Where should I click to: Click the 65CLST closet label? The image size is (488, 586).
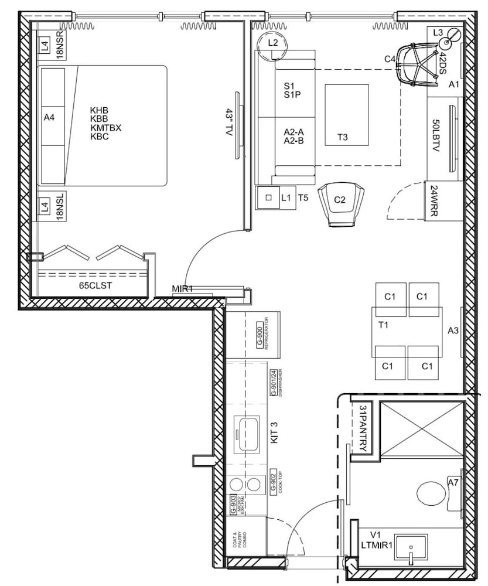click(95, 286)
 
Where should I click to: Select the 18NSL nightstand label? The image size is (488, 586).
click(59, 207)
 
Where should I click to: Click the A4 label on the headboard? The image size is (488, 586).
click(49, 118)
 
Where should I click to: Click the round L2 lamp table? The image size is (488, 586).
click(272, 43)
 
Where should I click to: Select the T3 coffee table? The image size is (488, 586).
click(346, 114)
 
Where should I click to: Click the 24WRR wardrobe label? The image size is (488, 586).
click(434, 202)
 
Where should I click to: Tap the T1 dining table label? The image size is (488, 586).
click(384, 324)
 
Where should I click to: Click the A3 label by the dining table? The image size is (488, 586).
click(453, 331)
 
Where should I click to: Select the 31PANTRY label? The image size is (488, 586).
click(363, 430)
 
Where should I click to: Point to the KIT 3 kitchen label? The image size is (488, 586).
click(274, 433)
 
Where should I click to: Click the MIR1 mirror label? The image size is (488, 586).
click(183, 288)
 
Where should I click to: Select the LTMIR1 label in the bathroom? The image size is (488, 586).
click(377, 544)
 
